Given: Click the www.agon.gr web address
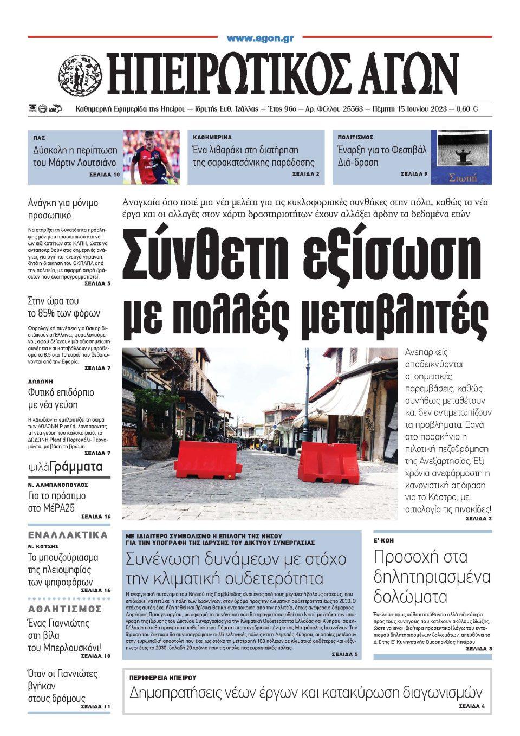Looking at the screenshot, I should click(260, 38).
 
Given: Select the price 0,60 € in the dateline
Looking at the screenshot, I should click(467, 109).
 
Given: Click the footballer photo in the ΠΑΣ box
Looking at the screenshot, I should click(151, 157).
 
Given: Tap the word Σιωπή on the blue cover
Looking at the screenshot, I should click(461, 177).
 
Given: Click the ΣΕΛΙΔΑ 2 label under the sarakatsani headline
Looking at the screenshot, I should click(305, 175).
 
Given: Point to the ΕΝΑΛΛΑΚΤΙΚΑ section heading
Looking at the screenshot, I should click(68, 535).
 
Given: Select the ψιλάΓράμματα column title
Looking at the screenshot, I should click(66, 467).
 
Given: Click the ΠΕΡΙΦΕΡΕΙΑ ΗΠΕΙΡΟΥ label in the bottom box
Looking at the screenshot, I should click(162, 677).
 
